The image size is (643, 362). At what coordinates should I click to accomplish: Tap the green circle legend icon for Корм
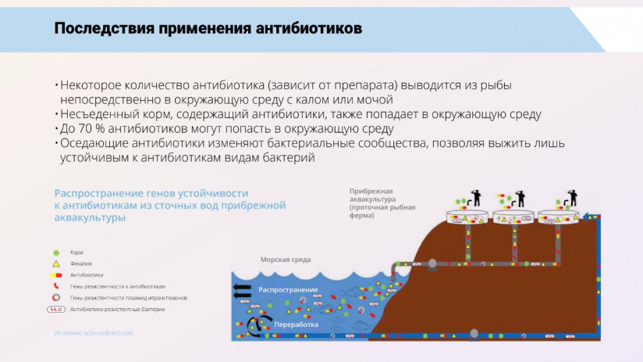[55, 253]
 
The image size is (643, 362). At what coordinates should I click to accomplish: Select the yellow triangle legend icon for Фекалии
[55, 263]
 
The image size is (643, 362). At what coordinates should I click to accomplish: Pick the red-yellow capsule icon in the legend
[55, 275]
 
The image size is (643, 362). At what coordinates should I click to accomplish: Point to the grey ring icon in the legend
[55, 298]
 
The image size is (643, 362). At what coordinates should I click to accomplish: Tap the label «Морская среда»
[286, 260]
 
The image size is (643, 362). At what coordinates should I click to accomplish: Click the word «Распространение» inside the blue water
[286, 290]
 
